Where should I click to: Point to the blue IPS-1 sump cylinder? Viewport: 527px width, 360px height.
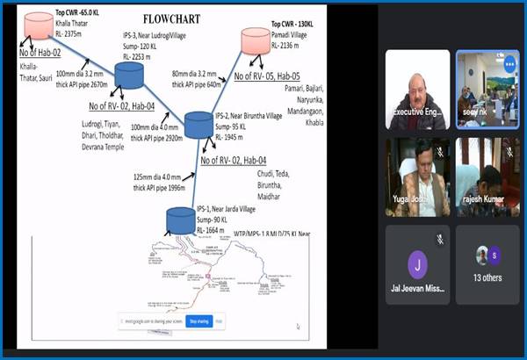(x=179, y=220)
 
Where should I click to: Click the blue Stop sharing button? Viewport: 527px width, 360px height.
(x=199, y=321)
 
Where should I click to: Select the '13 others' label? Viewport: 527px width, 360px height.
(x=488, y=277)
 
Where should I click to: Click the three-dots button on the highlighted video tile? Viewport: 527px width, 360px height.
(x=510, y=63)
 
